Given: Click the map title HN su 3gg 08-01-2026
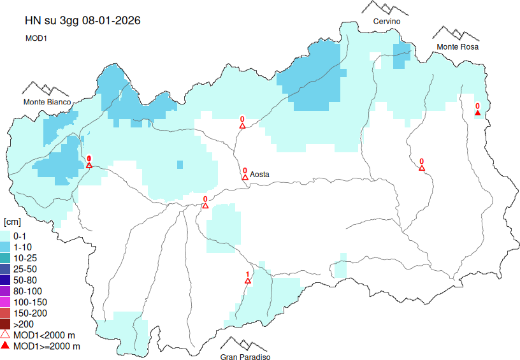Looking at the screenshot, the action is click(82, 20).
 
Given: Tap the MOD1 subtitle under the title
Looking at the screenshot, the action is click(37, 38).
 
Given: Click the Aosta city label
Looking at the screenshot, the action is click(260, 174).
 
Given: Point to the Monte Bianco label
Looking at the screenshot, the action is click(47, 102).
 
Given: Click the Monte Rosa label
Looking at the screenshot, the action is click(457, 47).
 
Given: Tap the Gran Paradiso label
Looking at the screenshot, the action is click(245, 357).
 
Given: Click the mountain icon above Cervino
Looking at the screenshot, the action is click(386, 8).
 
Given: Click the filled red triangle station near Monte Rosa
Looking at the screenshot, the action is click(477, 113).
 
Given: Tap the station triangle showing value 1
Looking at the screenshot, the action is click(248, 281).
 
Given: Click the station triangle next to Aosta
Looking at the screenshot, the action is click(245, 178).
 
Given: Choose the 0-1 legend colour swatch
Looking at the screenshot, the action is click(5, 236).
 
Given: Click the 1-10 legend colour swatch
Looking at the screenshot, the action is click(5, 247).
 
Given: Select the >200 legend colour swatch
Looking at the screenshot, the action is click(5, 324).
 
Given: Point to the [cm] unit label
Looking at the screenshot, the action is click(12, 222).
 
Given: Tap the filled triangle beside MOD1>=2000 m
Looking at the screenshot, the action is click(5, 346).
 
